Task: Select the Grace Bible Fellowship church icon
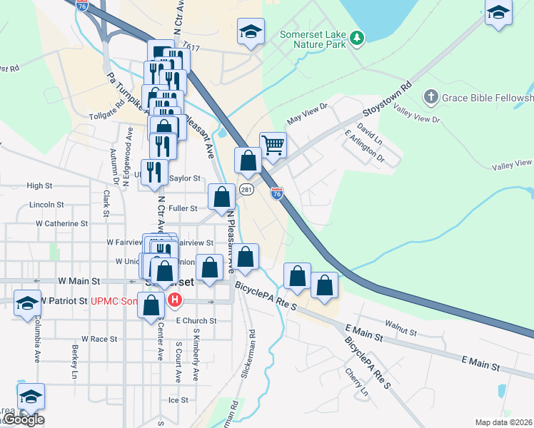click(430, 96)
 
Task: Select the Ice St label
click(178, 400)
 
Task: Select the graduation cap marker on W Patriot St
click(27, 303)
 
